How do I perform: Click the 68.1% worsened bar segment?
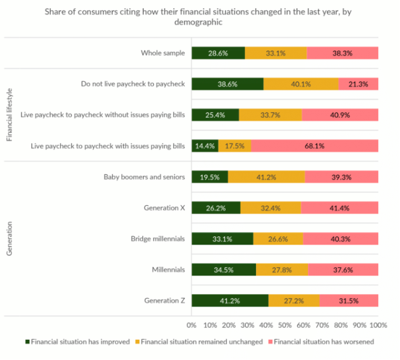pos(315,146)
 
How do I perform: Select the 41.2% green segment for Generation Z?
pos(229,300)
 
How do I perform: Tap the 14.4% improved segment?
pos(204,146)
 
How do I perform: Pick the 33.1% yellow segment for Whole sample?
pos(276,53)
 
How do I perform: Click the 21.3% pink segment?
pos(358,84)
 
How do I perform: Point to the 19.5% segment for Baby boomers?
pos(209,177)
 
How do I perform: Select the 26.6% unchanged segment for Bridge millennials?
pos(278,239)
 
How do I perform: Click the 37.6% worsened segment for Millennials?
pos(343,270)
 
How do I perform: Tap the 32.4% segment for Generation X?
pos(270,208)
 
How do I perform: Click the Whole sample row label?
pos(162,53)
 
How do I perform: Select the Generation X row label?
pos(164,208)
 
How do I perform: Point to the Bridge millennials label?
pos(157,239)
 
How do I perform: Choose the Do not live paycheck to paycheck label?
pos(133,84)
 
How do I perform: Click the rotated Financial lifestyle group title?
pos(9,115)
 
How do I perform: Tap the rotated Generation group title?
pos(9,238)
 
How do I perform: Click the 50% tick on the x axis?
pos(285,325)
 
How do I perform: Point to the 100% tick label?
pos(377,325)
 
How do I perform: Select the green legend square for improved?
pos(27,342)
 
